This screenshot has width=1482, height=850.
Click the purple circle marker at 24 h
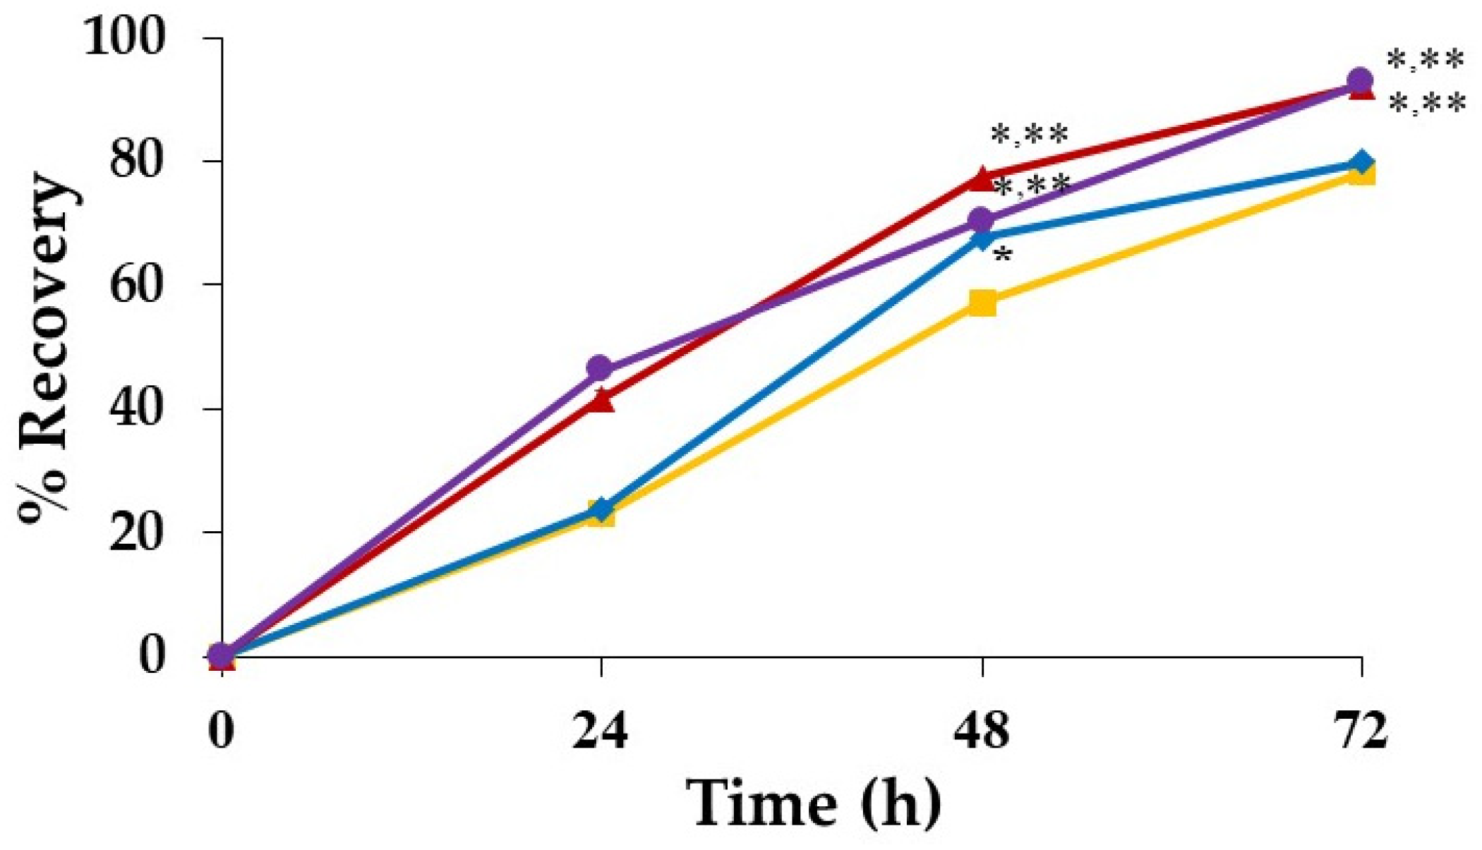pyautogui.click(x=600, y=368)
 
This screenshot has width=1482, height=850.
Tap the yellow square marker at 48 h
pyautogui.click(x=982, y=303)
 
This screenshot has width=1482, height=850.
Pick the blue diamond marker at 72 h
pyautogui.click(x=1361, y=162)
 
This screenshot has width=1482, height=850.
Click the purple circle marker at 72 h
pyautogui.click(x=1360, y=80)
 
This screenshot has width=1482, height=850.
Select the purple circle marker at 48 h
pyautogui.click(x=980, y=220)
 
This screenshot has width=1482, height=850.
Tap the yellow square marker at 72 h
pyautogui.click(x=1361, y=175)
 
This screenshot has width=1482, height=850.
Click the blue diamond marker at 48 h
pyautogui.click(x=982, y=238)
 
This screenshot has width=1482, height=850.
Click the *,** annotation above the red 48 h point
pyautogui.click(x=1030, y=135)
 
